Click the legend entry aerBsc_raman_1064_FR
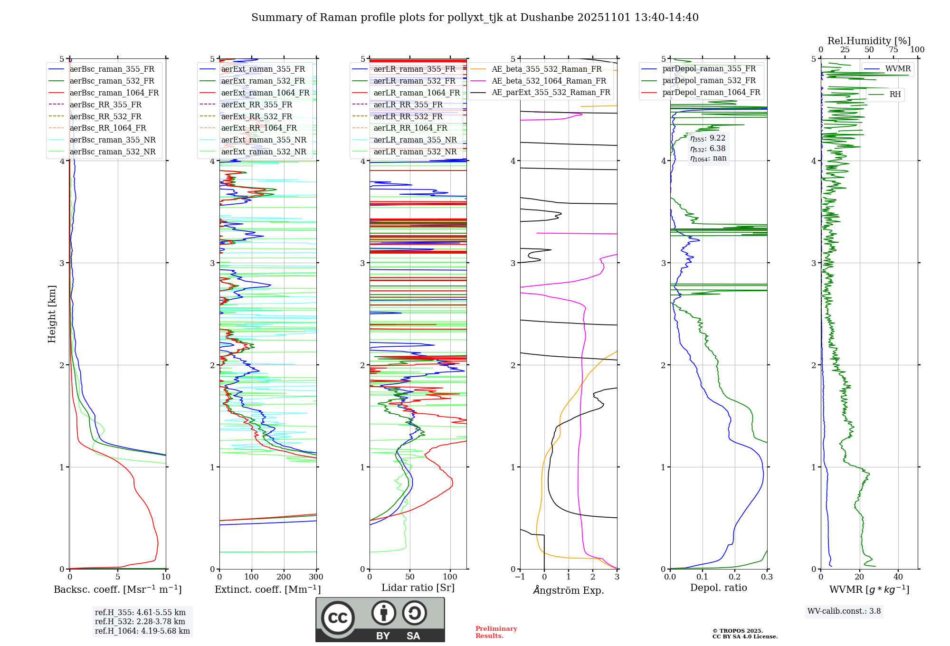click(114, 93)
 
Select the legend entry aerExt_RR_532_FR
click(256, 116)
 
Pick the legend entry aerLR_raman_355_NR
click(415, 140)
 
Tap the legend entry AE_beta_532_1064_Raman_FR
click(549, 81)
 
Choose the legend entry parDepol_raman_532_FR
click(709, 80)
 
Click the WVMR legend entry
click(898, 69)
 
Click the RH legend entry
click(895, 95)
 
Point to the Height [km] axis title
click(52, 314)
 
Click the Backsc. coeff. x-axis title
click(117, 589)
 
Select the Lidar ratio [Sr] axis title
click(418, 588)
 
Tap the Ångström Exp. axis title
click(569, 590)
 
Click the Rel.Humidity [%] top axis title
click(869, 41)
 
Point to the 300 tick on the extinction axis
click(316, 577)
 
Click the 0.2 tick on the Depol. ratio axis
click(734, 577)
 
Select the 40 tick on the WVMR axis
click(898, 577)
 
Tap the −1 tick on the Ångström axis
click(520, 577)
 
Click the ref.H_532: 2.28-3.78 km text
click(140, 621)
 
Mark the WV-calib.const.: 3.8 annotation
click(844, 611)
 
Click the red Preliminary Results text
click(496, 632)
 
